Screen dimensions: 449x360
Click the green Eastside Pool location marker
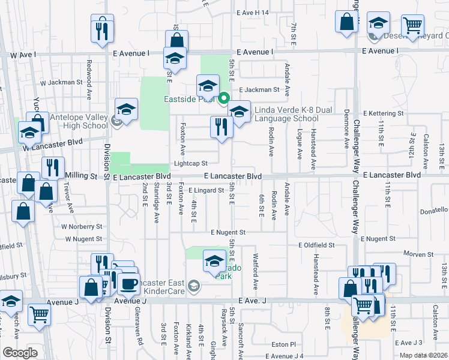224,98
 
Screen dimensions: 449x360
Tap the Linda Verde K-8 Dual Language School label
286,114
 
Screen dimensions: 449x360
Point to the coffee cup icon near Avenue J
129,283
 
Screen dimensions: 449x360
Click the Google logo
20,353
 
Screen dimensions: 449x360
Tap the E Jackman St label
259,90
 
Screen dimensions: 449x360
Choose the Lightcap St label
190,163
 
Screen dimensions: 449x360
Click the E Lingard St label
206,190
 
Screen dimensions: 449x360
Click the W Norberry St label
81,227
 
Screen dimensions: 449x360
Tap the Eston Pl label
284,344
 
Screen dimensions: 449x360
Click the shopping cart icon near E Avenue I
412,26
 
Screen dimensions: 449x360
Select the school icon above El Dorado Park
214,260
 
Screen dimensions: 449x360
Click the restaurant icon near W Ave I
102,29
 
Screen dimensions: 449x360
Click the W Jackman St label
61,82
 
